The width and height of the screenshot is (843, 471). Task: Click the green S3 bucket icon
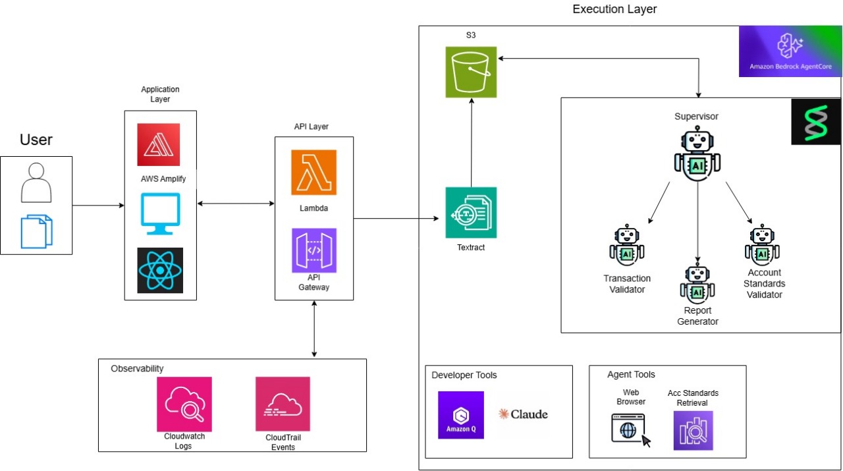pyautogui.click(x=471, y=72)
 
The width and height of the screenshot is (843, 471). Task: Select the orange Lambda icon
pyautogui.click(x=313, y=173)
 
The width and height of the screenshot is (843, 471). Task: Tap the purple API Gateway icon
pyautogui.click(x=313, y=250)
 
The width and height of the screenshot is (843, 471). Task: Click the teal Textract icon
pyautogui.click(x=471, y=213)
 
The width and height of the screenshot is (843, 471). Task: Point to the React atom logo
pyautogui.click(x=160, y=270)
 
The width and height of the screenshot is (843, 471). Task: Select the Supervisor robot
pyautogui.click(x=697, y=155)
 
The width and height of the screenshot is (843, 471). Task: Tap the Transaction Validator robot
pyautogui.click(x=627, y=246)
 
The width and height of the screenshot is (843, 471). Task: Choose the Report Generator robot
pyautogui.click(x=697, y=283)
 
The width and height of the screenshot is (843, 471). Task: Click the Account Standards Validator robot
pyautogui.click(x=762, y=245)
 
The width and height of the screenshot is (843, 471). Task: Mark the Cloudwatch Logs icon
pyautogui.click(x=184, y=404)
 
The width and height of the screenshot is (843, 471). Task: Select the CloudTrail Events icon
pyautogui.click(x=283, y=404)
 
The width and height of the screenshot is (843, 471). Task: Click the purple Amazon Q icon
pyautogui.click(x=461, y=415)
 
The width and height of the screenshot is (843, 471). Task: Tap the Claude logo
pyautogui.click(x=524, y=414)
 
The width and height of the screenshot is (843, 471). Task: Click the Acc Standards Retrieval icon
pyautogui.click(x=693, y=430)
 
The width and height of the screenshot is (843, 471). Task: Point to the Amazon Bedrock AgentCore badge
pyautogui.click(x=790, y=51)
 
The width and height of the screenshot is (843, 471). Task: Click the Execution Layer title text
pyautogui.click(x=614, y=9)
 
